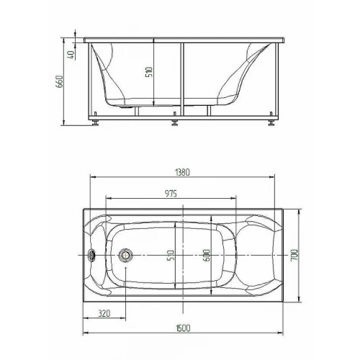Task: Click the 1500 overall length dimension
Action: coord(183,328)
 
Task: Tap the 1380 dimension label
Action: coord(183,172)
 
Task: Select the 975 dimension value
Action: coord(171,194)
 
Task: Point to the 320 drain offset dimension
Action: coord(104,313)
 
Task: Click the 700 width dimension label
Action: coord(294,255)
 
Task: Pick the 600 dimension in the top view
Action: coord(207,256)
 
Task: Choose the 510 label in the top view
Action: coord(171,256)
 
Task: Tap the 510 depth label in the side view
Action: coord(149,72)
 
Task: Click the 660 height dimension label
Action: coord(59,81)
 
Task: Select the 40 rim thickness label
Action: coord(72,55)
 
